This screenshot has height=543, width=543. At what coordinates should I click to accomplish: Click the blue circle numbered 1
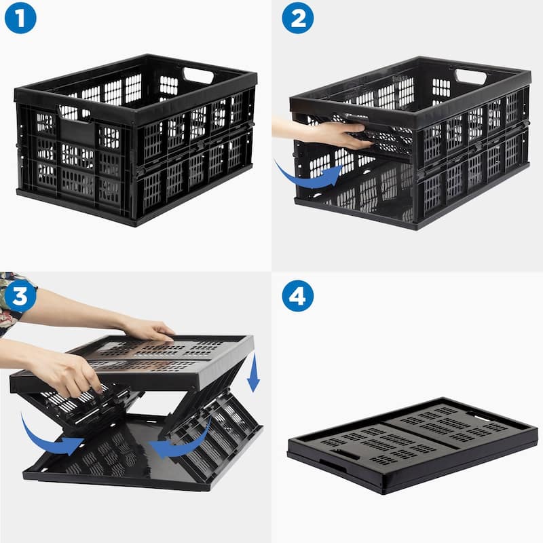[20, 18]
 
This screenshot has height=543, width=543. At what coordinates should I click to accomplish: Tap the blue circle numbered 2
[297, 18]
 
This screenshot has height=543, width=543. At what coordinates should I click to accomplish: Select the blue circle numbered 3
[20, 296]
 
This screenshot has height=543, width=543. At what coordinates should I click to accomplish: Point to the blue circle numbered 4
[297, 296]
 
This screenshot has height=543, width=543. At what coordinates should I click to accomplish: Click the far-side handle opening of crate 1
[198, 75]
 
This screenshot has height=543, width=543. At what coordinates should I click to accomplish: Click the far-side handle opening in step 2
[471, 76]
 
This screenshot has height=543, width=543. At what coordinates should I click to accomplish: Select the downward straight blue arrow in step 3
[253, 373]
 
